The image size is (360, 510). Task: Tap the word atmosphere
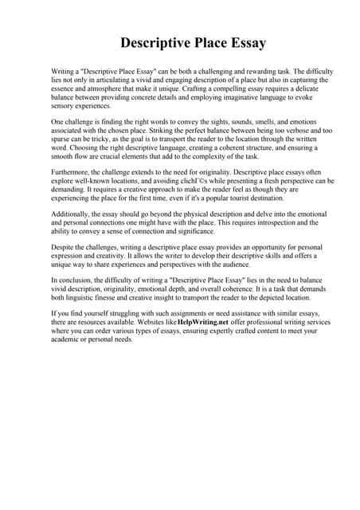tap(113, 88)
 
